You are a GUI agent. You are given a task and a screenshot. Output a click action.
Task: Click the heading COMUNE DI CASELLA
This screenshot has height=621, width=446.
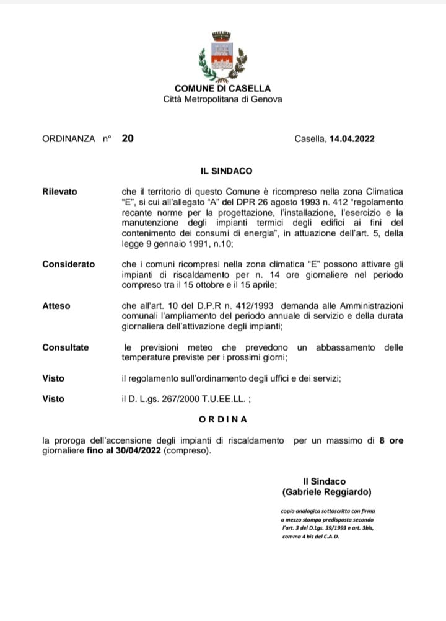pos(222,89)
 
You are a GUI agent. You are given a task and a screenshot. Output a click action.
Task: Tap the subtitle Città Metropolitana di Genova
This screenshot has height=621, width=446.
pos(222,99)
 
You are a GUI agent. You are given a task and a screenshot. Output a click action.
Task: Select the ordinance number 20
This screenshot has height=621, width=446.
pos(127,138)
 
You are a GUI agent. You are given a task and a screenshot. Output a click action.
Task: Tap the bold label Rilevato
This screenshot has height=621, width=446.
pos(59,191)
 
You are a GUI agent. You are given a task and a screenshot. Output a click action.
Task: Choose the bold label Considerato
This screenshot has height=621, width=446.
pos(68,264)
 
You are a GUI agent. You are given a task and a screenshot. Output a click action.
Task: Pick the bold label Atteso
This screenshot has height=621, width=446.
pos(56,306)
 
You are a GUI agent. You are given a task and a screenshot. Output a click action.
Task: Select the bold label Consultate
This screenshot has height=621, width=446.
pos(65,347)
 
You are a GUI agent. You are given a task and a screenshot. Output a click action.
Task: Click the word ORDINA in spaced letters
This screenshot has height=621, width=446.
pos(223,419)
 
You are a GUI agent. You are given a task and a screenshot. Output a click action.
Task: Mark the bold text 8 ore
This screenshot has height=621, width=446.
pos(391,441)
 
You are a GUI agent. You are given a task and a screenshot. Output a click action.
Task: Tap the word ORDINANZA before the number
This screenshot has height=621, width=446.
pos(68,139)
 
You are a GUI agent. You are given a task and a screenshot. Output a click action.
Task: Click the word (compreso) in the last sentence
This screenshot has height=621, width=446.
pos(188,451)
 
